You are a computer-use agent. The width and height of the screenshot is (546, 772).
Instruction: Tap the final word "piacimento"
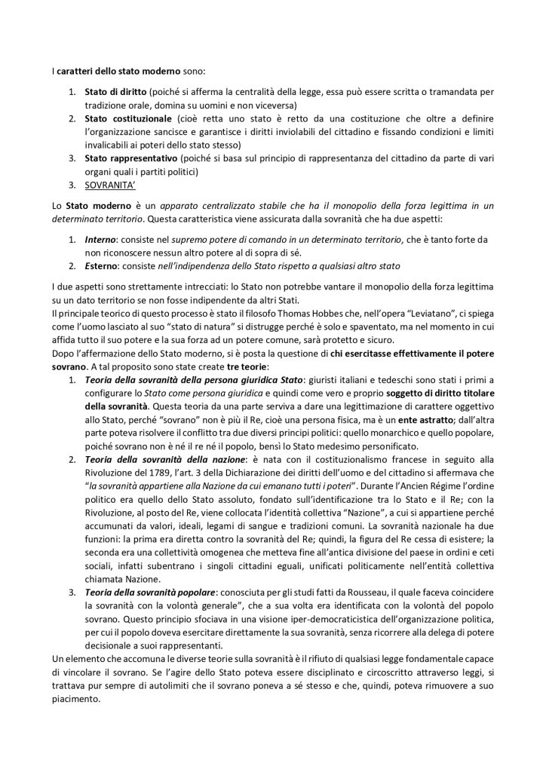[76, 698]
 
